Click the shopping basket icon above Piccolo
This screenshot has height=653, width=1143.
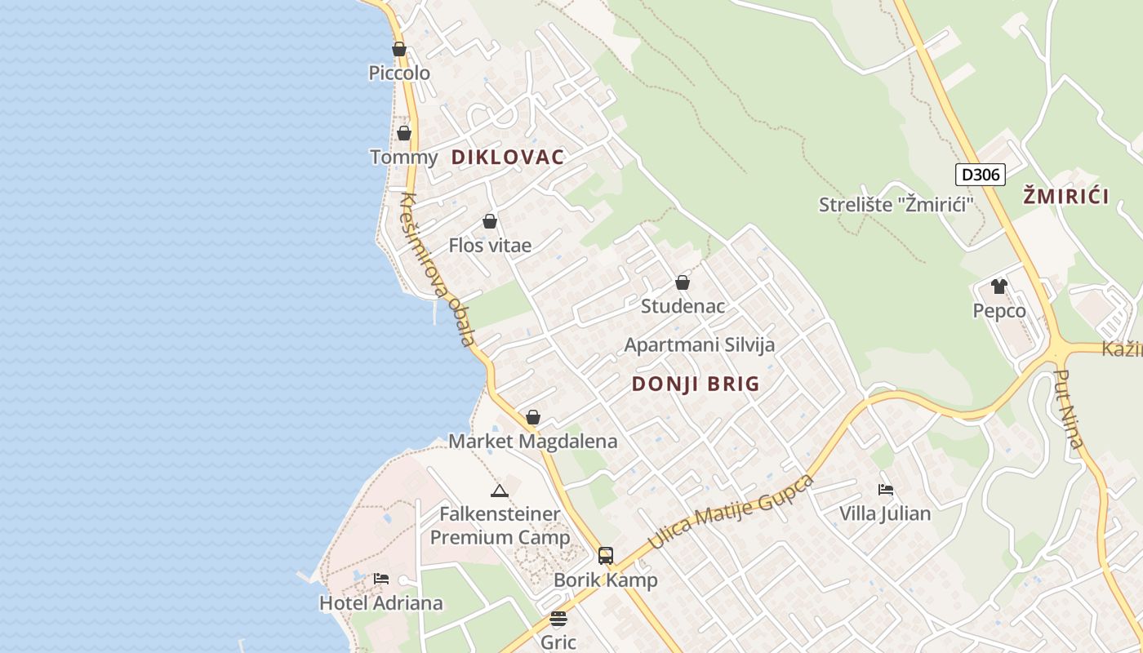point(399,49)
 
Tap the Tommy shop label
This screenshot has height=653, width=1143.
point(403,157)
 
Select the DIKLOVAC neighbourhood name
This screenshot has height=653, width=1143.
point(508,157)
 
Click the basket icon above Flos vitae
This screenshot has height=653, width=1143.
point(490,221)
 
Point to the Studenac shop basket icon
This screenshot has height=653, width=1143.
point(683,282)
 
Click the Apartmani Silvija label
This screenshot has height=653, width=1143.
point(700,344)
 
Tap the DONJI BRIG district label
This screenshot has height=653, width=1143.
point(696,384)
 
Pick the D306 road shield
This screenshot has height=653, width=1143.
point(980,174)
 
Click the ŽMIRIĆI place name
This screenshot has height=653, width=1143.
point(1066,196)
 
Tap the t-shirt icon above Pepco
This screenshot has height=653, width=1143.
point(999,287)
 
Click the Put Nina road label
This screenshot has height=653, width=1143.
point(1069,409)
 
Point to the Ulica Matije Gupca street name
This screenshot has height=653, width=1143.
point(731,512)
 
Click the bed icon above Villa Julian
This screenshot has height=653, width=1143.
point(886,490)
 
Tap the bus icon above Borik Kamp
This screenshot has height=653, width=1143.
point(606,556)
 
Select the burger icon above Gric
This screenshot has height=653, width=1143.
point(558,619)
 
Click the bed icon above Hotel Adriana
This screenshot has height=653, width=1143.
point(381,579)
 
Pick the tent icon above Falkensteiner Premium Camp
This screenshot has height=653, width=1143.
point(500,491)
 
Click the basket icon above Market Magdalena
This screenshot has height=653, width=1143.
point(533,417)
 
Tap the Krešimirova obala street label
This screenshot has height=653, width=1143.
point(437,269)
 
